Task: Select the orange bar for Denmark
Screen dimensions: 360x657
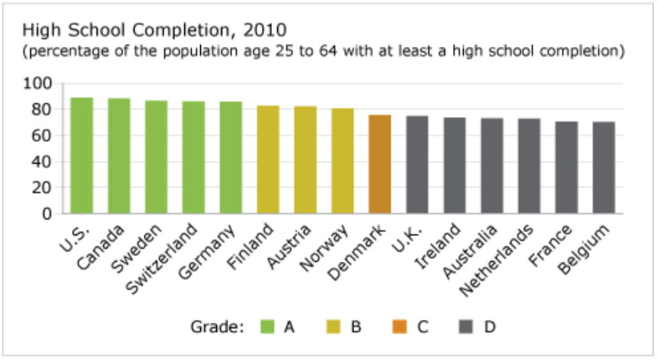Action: pyautogui.click(x=380, y=164)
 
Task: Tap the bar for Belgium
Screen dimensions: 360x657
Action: pyautogui.click(x=604, y=167)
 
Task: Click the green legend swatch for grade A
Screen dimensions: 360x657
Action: pyautogui.click(x=267, y=327)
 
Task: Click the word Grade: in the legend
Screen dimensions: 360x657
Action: pyautogui.click(x=218, y=327)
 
